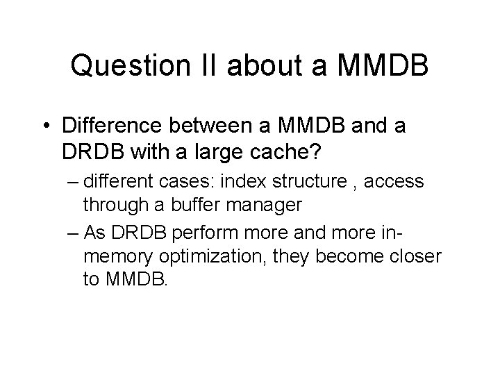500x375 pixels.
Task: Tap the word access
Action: (394, 182)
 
